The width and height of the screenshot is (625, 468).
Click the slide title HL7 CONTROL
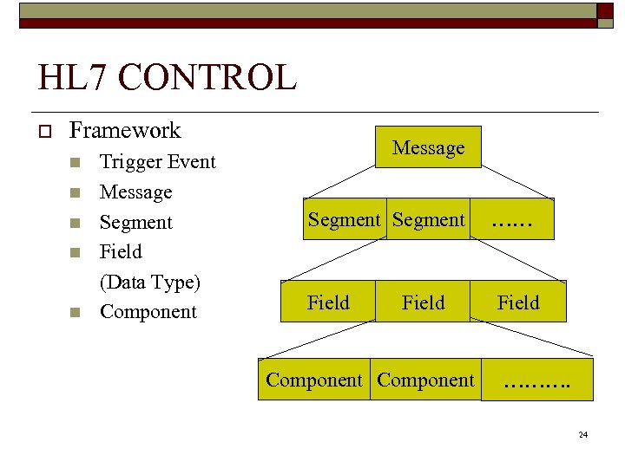pos(167,77)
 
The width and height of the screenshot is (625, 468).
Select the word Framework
pos(124,131)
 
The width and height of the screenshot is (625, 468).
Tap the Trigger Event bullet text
pos(157,162)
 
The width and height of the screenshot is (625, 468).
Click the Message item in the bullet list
pos(135,192)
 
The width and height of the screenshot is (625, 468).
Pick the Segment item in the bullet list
pos(135,223)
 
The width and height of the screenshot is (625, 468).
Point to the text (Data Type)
pos(149,283)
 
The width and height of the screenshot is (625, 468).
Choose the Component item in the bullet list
pos(148,312)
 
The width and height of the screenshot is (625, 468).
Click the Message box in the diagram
pos(428,148)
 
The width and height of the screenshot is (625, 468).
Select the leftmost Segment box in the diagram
pos(344,220)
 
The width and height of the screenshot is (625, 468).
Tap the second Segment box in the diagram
pos(428,220)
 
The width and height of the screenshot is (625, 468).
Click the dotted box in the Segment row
pos(512,220)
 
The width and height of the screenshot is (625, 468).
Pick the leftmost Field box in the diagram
pos(328,302)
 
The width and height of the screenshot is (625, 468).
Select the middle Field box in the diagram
pos(423,302)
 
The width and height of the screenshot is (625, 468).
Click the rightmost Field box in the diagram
pos(517,302)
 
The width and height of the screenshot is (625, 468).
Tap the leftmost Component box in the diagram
pos(313,380)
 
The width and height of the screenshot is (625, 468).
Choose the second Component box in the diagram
pos(425,380)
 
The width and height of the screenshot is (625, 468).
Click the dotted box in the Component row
pos(537,380)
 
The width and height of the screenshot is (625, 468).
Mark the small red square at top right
pos(604,10)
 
